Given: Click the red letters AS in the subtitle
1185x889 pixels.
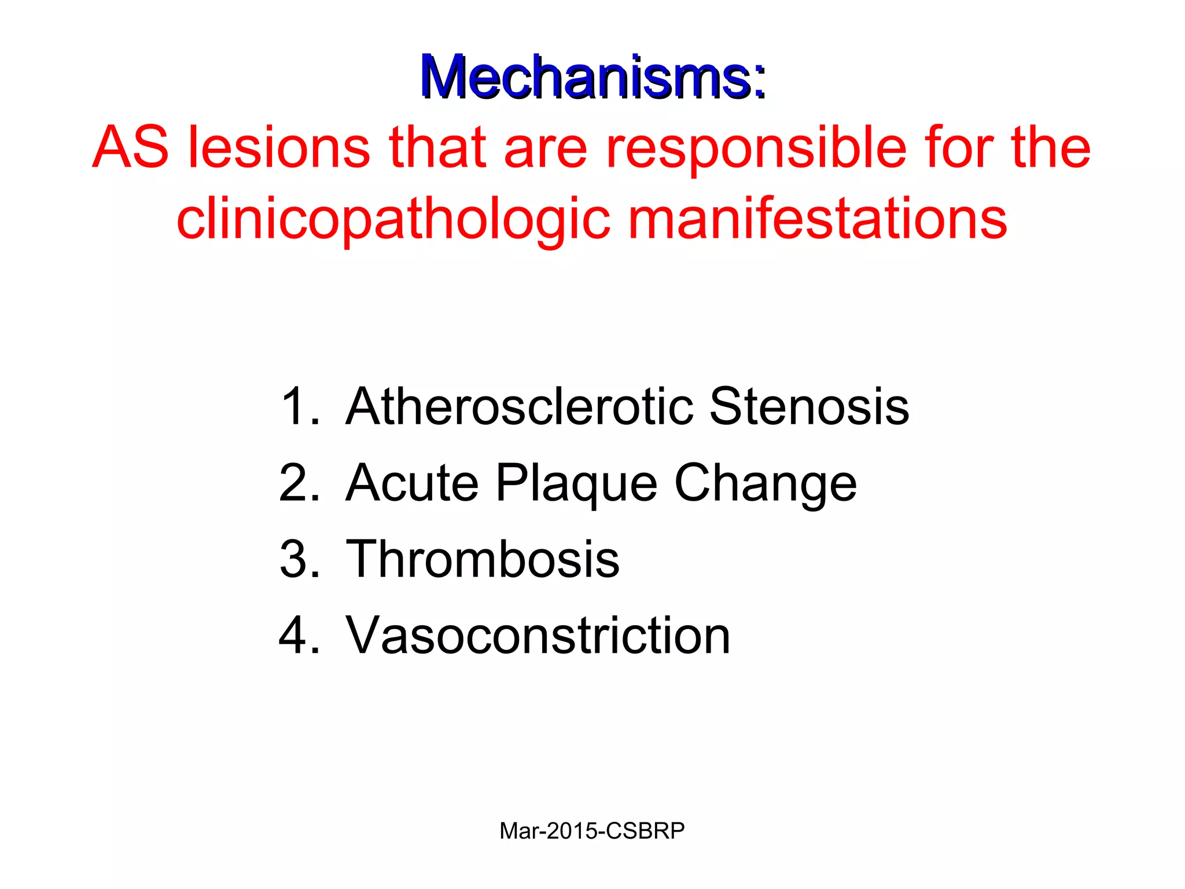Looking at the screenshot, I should (131, 148).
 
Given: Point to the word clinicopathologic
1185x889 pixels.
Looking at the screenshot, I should (393, 220).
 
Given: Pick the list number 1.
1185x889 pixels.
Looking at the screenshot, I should (297, 407).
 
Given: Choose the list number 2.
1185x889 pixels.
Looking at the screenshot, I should (297, 483).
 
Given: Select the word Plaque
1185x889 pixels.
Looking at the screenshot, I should (576, 483).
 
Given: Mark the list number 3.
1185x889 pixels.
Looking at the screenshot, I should (297, 560).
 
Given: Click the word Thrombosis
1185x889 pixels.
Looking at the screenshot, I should (483, 560).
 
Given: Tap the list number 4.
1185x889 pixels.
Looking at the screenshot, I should (297, 636).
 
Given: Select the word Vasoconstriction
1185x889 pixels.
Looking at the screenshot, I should (538, 636).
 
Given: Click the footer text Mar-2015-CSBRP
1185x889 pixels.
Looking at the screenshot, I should (592, 831).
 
